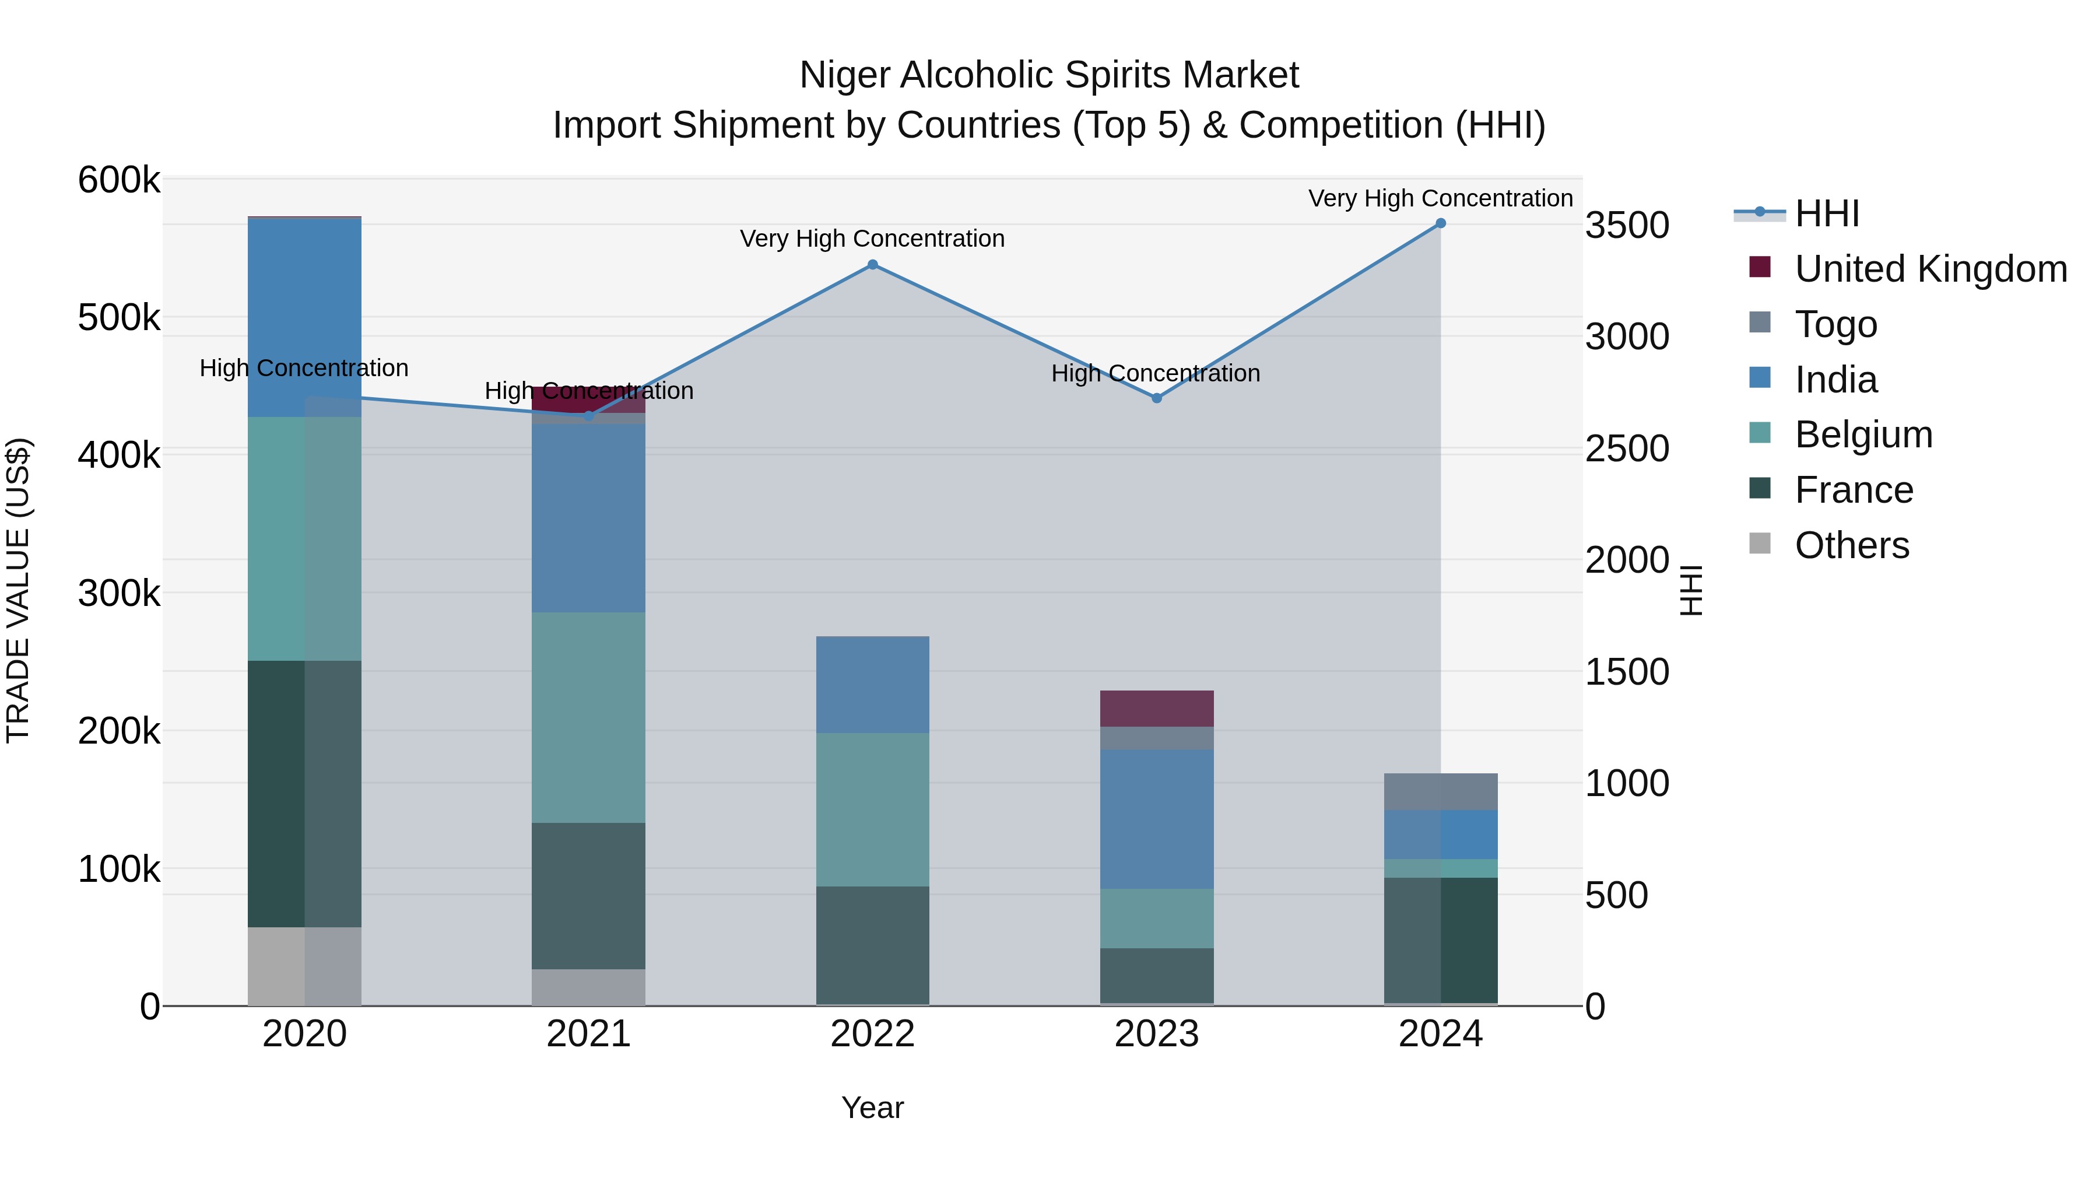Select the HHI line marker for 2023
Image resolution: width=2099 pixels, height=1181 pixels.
1156,398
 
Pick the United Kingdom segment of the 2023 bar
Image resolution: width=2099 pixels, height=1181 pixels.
1156,708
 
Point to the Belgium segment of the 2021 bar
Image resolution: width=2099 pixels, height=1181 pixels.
588,717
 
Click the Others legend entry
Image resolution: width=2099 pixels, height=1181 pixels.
1851,545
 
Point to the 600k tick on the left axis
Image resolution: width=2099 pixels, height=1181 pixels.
119,180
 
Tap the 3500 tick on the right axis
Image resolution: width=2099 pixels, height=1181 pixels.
1626,226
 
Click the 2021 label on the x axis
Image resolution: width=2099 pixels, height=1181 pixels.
588,1034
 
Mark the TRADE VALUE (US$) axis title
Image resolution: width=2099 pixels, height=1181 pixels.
19,590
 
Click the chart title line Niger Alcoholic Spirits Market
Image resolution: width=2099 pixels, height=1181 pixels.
1049,75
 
